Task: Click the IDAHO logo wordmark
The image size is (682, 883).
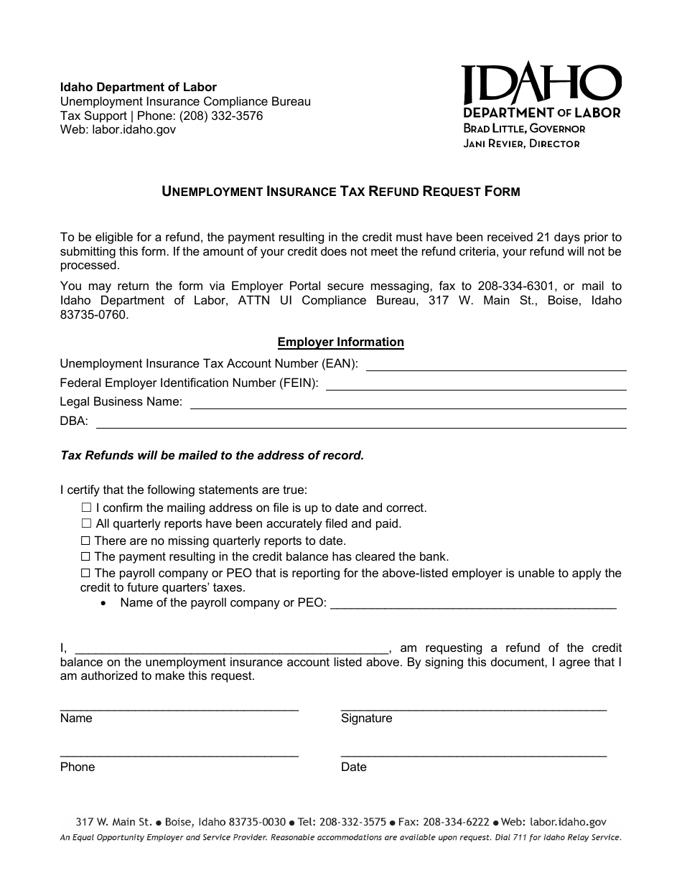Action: click(541, 85)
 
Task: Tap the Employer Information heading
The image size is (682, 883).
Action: click(341, 342)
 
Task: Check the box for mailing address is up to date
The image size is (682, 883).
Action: click(87, 508)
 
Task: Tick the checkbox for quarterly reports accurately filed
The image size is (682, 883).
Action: click(87, 524)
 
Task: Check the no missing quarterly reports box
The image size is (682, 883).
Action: click(85, 541)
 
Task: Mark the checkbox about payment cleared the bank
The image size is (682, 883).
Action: click(85, 556)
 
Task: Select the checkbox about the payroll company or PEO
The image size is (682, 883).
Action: click(85, 573)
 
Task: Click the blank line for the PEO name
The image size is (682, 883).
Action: click(473, 605)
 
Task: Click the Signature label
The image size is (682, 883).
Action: click(366, 719)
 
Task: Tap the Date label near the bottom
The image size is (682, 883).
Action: click(353, 767)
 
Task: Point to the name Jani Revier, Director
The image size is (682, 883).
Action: click(521, 144)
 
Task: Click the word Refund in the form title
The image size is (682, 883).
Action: click(396, 192)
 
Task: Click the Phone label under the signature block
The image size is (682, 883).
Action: click(78, 767)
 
